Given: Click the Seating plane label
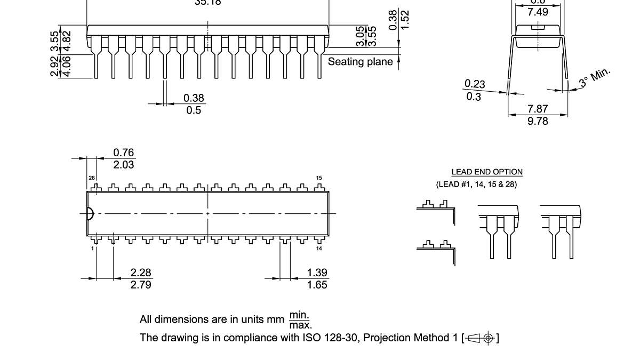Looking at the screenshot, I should click(360, 62).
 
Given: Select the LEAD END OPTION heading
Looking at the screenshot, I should click(487, 172).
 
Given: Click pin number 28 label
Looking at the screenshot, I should click(92, 178).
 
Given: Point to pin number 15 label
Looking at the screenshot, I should click(319, 178).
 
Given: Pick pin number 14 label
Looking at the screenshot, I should click(319, 249).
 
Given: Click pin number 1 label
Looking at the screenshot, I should click(92, 249).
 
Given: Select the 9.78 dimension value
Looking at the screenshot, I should click(538, 121).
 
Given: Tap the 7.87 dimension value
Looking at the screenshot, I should click(538, 109).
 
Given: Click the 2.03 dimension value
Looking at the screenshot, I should click(124, 165).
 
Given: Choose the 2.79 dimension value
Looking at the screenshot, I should click(141, 285).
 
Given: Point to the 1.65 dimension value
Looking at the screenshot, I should click(317, 285).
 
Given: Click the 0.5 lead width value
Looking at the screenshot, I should click(194, 110).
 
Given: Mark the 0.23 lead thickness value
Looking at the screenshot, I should click(475, 84).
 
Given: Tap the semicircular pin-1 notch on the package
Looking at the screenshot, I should click(90, 213).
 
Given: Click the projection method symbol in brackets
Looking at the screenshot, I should click(482, 338).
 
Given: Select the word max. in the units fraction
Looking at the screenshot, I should click(301, 325).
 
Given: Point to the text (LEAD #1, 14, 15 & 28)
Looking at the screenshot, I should click(476, 185).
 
